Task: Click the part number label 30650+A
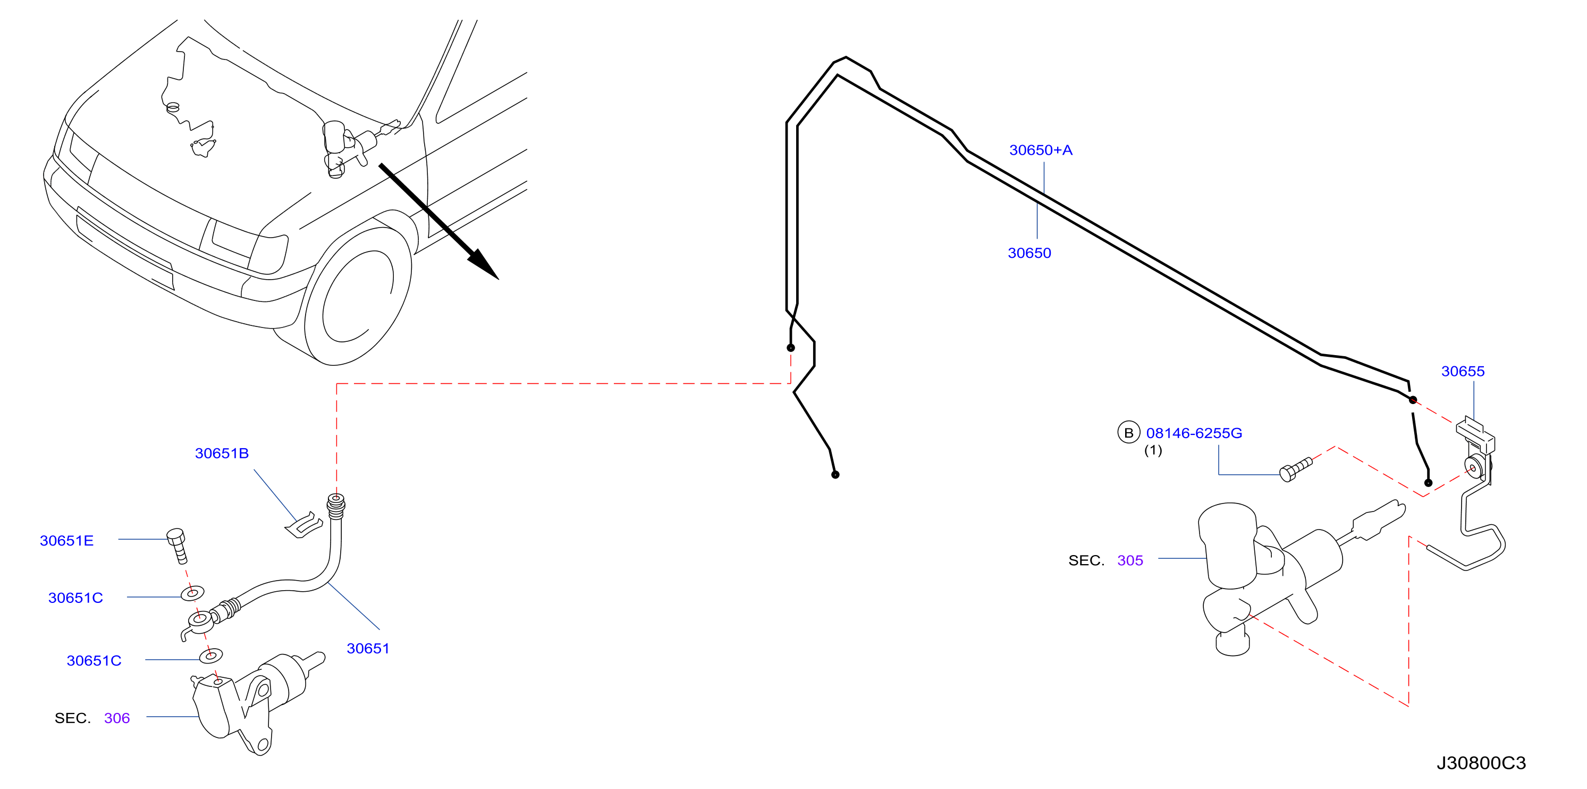tap(1041, 150)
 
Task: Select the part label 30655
tap(1463, 371)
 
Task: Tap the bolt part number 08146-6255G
tap(1194, 433)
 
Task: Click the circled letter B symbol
tap(1129, 433)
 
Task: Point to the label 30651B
tap(222, 453)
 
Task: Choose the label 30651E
tap(66, 541)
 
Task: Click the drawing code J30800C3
tap(1481, 763)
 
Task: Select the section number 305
tap(1130, 560)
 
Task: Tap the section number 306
tap(117, 718)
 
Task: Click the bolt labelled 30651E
tap(178, 545)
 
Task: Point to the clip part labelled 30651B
tap(303, 525)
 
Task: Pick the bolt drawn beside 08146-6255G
tap(1296, 469)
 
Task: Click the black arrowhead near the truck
tap(483, 264)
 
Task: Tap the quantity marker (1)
tap(1153, 451)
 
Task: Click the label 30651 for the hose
tap(368, 649)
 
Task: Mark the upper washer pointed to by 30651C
tap(193, 593)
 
